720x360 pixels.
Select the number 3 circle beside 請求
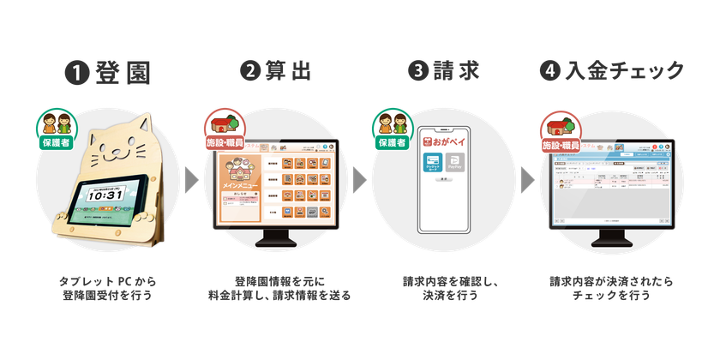point(417,72)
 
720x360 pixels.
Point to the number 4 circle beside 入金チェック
point(549,72)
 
